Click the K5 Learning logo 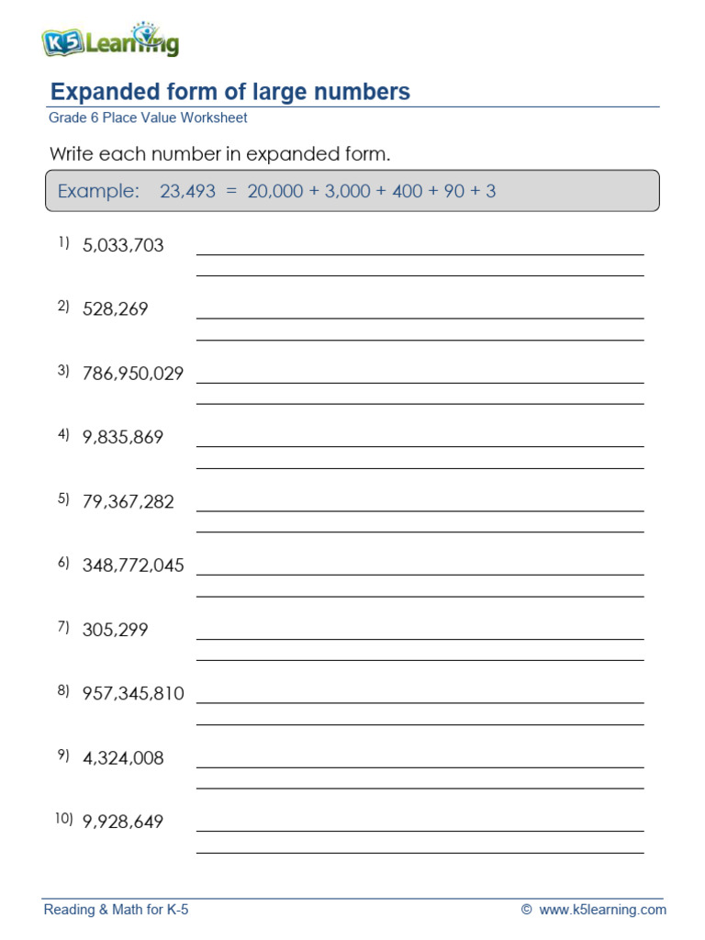(109, 41)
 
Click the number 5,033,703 (123, 245)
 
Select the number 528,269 (115, 309)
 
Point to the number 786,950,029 (133, 374)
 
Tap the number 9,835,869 (123, 438)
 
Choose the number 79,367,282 (128, 502)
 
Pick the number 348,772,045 (133, 565)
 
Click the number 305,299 (115, 630)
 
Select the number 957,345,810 (133, 694)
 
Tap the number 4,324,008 (123, 758)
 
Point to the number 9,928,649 (123, 822)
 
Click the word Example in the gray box (98, 191)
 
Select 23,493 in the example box (187, 191)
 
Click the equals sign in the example (230, 191)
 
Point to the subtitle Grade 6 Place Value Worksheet (148, 118)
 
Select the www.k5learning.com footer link (602, 910)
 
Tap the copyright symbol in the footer (526, 910)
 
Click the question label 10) (62, 819)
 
